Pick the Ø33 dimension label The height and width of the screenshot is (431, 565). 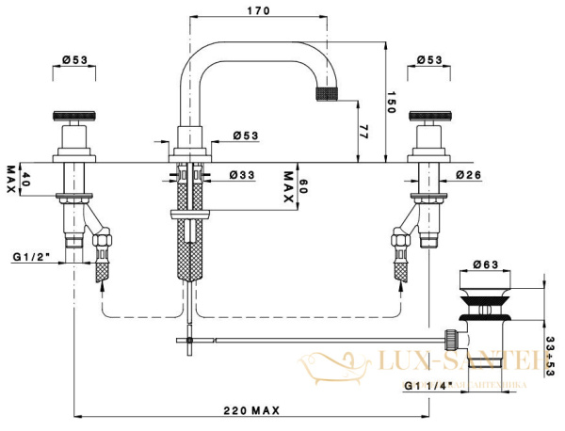click(244, 174)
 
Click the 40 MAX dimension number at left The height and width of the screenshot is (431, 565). click(25, 178)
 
